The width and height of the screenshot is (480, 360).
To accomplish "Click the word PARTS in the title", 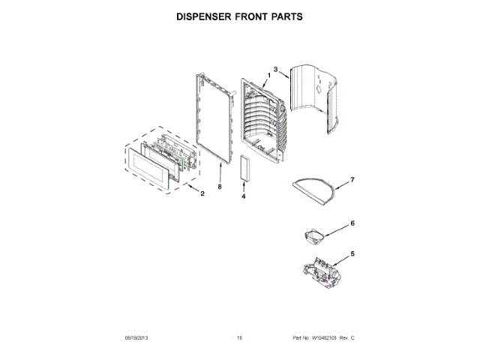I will click(x=286, y=16).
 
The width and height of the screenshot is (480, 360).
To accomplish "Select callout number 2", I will click(x=202, y=194).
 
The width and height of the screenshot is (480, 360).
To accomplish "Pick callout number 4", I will click(x=244, y=196).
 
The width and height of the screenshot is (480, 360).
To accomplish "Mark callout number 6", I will click(x=352, y=223).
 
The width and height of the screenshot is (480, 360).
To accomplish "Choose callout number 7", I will click(x=352, y=180).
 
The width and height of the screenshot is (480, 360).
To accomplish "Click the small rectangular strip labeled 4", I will click(x=244, y=168).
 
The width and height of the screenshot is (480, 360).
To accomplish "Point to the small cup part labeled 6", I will click(x=312, y=237).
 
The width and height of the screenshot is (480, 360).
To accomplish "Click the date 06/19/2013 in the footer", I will click(x=139, y=338).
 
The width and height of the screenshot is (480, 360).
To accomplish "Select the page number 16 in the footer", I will click(x=240, y=338).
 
